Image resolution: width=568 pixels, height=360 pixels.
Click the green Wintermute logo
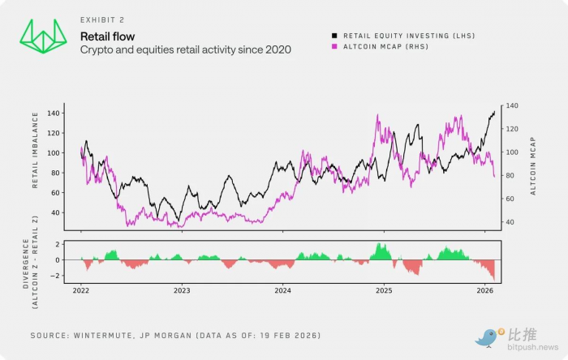(x=43, y=36)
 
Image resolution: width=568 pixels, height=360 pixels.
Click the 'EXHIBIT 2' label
(x=101, y=19)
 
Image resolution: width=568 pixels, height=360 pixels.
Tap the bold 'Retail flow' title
(x=107, y=36)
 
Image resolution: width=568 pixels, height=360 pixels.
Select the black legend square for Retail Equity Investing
(x=334, y=36)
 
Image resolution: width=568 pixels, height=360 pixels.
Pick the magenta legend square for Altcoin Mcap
(x=334, y=47)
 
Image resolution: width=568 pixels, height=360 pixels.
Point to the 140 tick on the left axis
(x=54, y=113)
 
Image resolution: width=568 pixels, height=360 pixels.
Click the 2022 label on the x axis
(x=82, y=289)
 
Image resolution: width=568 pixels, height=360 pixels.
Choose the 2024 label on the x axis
(x=282, y=289)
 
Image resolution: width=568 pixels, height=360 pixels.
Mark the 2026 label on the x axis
(x=484, y=289)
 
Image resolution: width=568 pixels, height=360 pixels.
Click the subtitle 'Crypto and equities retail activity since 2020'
(x=185, y=50)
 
